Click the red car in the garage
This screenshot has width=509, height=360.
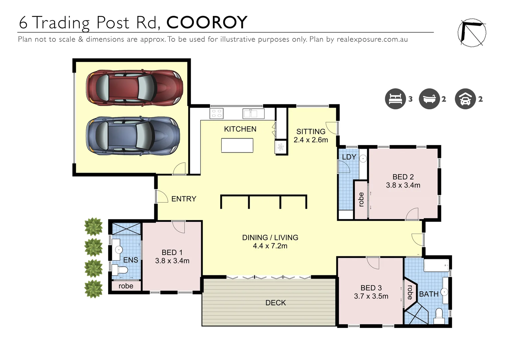[135, 88]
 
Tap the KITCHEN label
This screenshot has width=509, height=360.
[240, 129]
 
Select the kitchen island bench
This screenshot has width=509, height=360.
[237, 145]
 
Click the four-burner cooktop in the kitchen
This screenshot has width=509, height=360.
[217, 114]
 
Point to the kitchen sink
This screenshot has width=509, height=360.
[254, 114]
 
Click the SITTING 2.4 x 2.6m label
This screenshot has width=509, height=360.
[311, 136]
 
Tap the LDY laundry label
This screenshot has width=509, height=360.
[349, 157]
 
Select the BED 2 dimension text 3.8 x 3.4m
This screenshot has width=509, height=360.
[403, 185]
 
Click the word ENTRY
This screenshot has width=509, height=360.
[184, 199]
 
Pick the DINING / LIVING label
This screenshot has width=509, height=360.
[270, 238]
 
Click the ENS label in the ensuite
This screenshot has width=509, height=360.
[131, 260]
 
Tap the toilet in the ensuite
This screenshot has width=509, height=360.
[120, 269]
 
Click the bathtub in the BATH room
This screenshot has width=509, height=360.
[436, 266]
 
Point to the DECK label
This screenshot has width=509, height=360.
[275, 303]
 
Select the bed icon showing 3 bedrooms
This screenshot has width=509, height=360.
[395, 99]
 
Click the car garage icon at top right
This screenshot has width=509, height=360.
[465, 99]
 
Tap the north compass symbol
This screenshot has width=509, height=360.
[472, 33]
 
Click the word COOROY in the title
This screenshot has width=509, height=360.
[207, 23]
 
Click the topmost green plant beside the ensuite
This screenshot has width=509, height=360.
[93, 227]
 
